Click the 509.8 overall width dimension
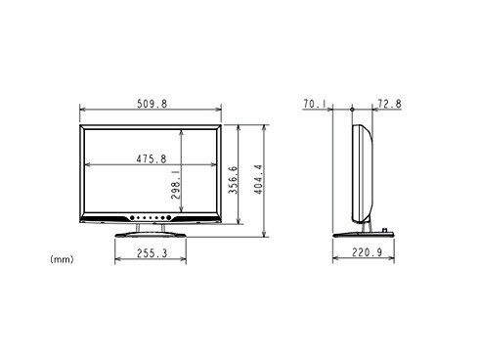(152, 104)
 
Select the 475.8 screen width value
(152, 158)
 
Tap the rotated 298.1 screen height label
(175, 184)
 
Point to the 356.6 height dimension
(233, 180)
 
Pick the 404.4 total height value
(258, 179)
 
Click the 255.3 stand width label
(152, 253)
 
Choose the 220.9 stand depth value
(367, 252)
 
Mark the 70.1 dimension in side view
(315, 104)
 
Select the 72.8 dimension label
(390, 104)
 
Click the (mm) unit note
(62, 259)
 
